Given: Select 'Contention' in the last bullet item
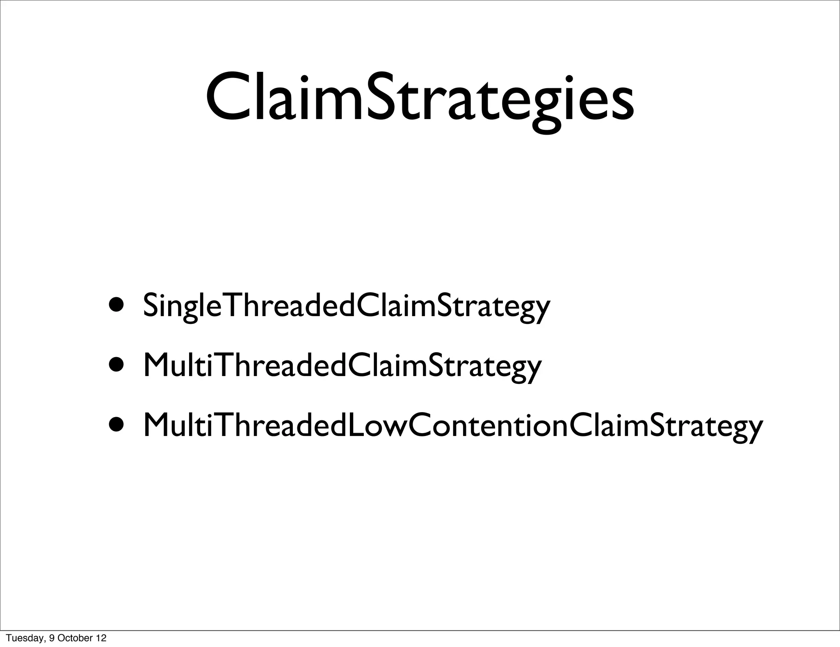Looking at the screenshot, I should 480,425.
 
